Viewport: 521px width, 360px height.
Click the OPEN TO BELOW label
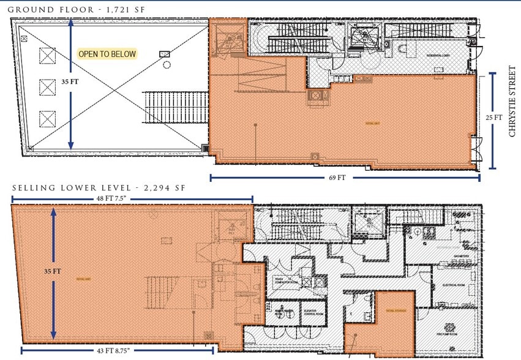tap(107, 54)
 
